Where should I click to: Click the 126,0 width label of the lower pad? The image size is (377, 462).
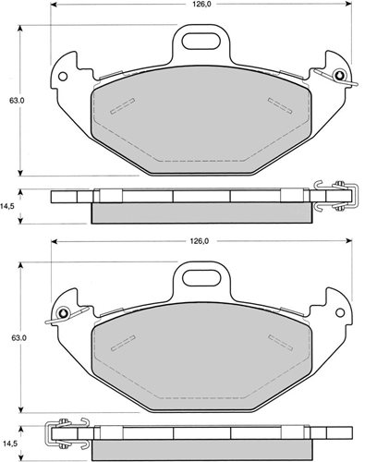coord(199,241)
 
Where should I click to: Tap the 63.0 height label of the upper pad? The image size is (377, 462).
coord(17,101)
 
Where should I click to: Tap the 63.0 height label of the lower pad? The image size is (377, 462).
coord(19,337)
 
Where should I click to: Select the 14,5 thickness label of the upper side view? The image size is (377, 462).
coord(6,207)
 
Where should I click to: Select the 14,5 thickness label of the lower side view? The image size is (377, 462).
coord(9,444)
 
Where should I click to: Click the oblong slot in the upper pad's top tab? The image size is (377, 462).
coord(201,41)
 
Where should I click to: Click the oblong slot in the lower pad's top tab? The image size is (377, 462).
coord(201,278)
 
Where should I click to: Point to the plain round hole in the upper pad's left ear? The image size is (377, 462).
coord(63,76)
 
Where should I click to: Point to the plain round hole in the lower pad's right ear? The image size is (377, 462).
coord(340,312)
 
